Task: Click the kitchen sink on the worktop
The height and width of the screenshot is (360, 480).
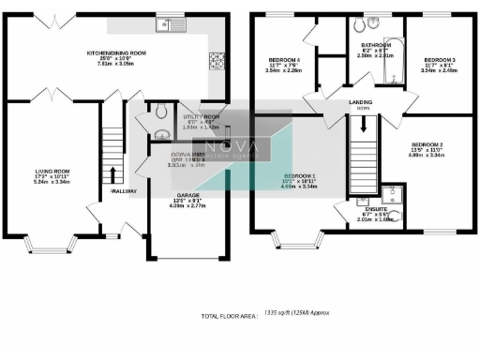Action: [x=173, y=25]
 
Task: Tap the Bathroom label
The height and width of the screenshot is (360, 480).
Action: [x=375, y=44]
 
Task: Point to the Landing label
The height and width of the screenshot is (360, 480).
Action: [x=362, y=101]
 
